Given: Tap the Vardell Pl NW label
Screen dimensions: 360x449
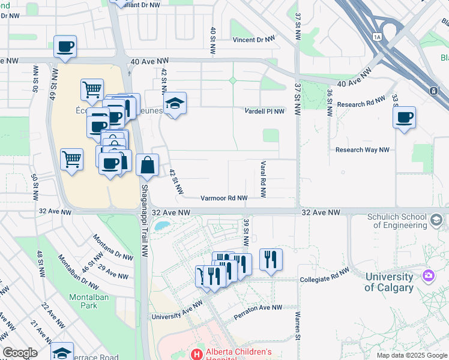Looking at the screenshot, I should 265,111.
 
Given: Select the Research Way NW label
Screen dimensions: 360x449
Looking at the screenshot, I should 362,150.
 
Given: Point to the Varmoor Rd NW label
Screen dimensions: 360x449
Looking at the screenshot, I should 224,198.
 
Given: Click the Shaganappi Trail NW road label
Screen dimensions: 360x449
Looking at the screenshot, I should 145,212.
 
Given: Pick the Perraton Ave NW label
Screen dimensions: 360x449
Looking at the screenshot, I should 258,308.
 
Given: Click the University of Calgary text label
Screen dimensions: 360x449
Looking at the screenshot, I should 389,282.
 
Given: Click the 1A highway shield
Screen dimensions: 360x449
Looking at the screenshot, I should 377,37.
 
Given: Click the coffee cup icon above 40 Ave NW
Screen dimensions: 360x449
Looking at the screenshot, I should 65,46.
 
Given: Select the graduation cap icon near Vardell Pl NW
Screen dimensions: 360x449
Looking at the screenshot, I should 175,104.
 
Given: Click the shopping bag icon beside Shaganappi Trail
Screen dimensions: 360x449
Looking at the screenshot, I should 147,164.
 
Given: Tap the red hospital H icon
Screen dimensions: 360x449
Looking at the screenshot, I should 196,354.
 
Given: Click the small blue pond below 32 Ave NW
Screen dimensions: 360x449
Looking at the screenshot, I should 161,226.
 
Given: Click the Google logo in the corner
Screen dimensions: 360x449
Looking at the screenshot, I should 19,353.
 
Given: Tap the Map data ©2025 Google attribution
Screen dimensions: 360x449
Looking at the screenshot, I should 411,355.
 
